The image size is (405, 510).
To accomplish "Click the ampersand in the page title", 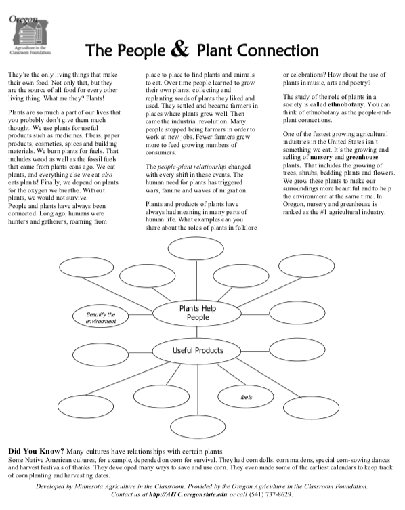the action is [x=179, y=49].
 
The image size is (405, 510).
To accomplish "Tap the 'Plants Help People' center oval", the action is [x=197, y=313].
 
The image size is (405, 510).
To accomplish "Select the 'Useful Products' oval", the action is [x=197, y=351].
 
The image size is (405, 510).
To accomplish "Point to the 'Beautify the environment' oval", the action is [x=100, y=318].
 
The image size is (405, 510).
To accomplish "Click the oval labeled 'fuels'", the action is [x=246, y=396].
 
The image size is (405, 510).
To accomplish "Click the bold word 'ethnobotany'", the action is [x=345, y=104].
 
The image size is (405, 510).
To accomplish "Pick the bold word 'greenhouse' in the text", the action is [x=362, y=157].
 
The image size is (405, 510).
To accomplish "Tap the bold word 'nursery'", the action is [x=321, y=157].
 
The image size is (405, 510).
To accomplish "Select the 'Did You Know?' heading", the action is [x=36, y=452].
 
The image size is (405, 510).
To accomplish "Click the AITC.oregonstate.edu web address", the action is [x=188, y=494].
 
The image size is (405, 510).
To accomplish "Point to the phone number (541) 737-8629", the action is [x=270, y=494].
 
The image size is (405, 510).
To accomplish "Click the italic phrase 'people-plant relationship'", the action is [x=192, y=167].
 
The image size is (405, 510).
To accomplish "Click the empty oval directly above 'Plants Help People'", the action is [x=196, y=249].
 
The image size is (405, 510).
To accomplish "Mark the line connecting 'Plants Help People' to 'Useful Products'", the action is [x=197, y=332].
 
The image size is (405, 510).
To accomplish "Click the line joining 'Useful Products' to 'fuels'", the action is [x=232, y=375].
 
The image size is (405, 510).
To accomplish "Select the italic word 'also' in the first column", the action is [x=107, y=175].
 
